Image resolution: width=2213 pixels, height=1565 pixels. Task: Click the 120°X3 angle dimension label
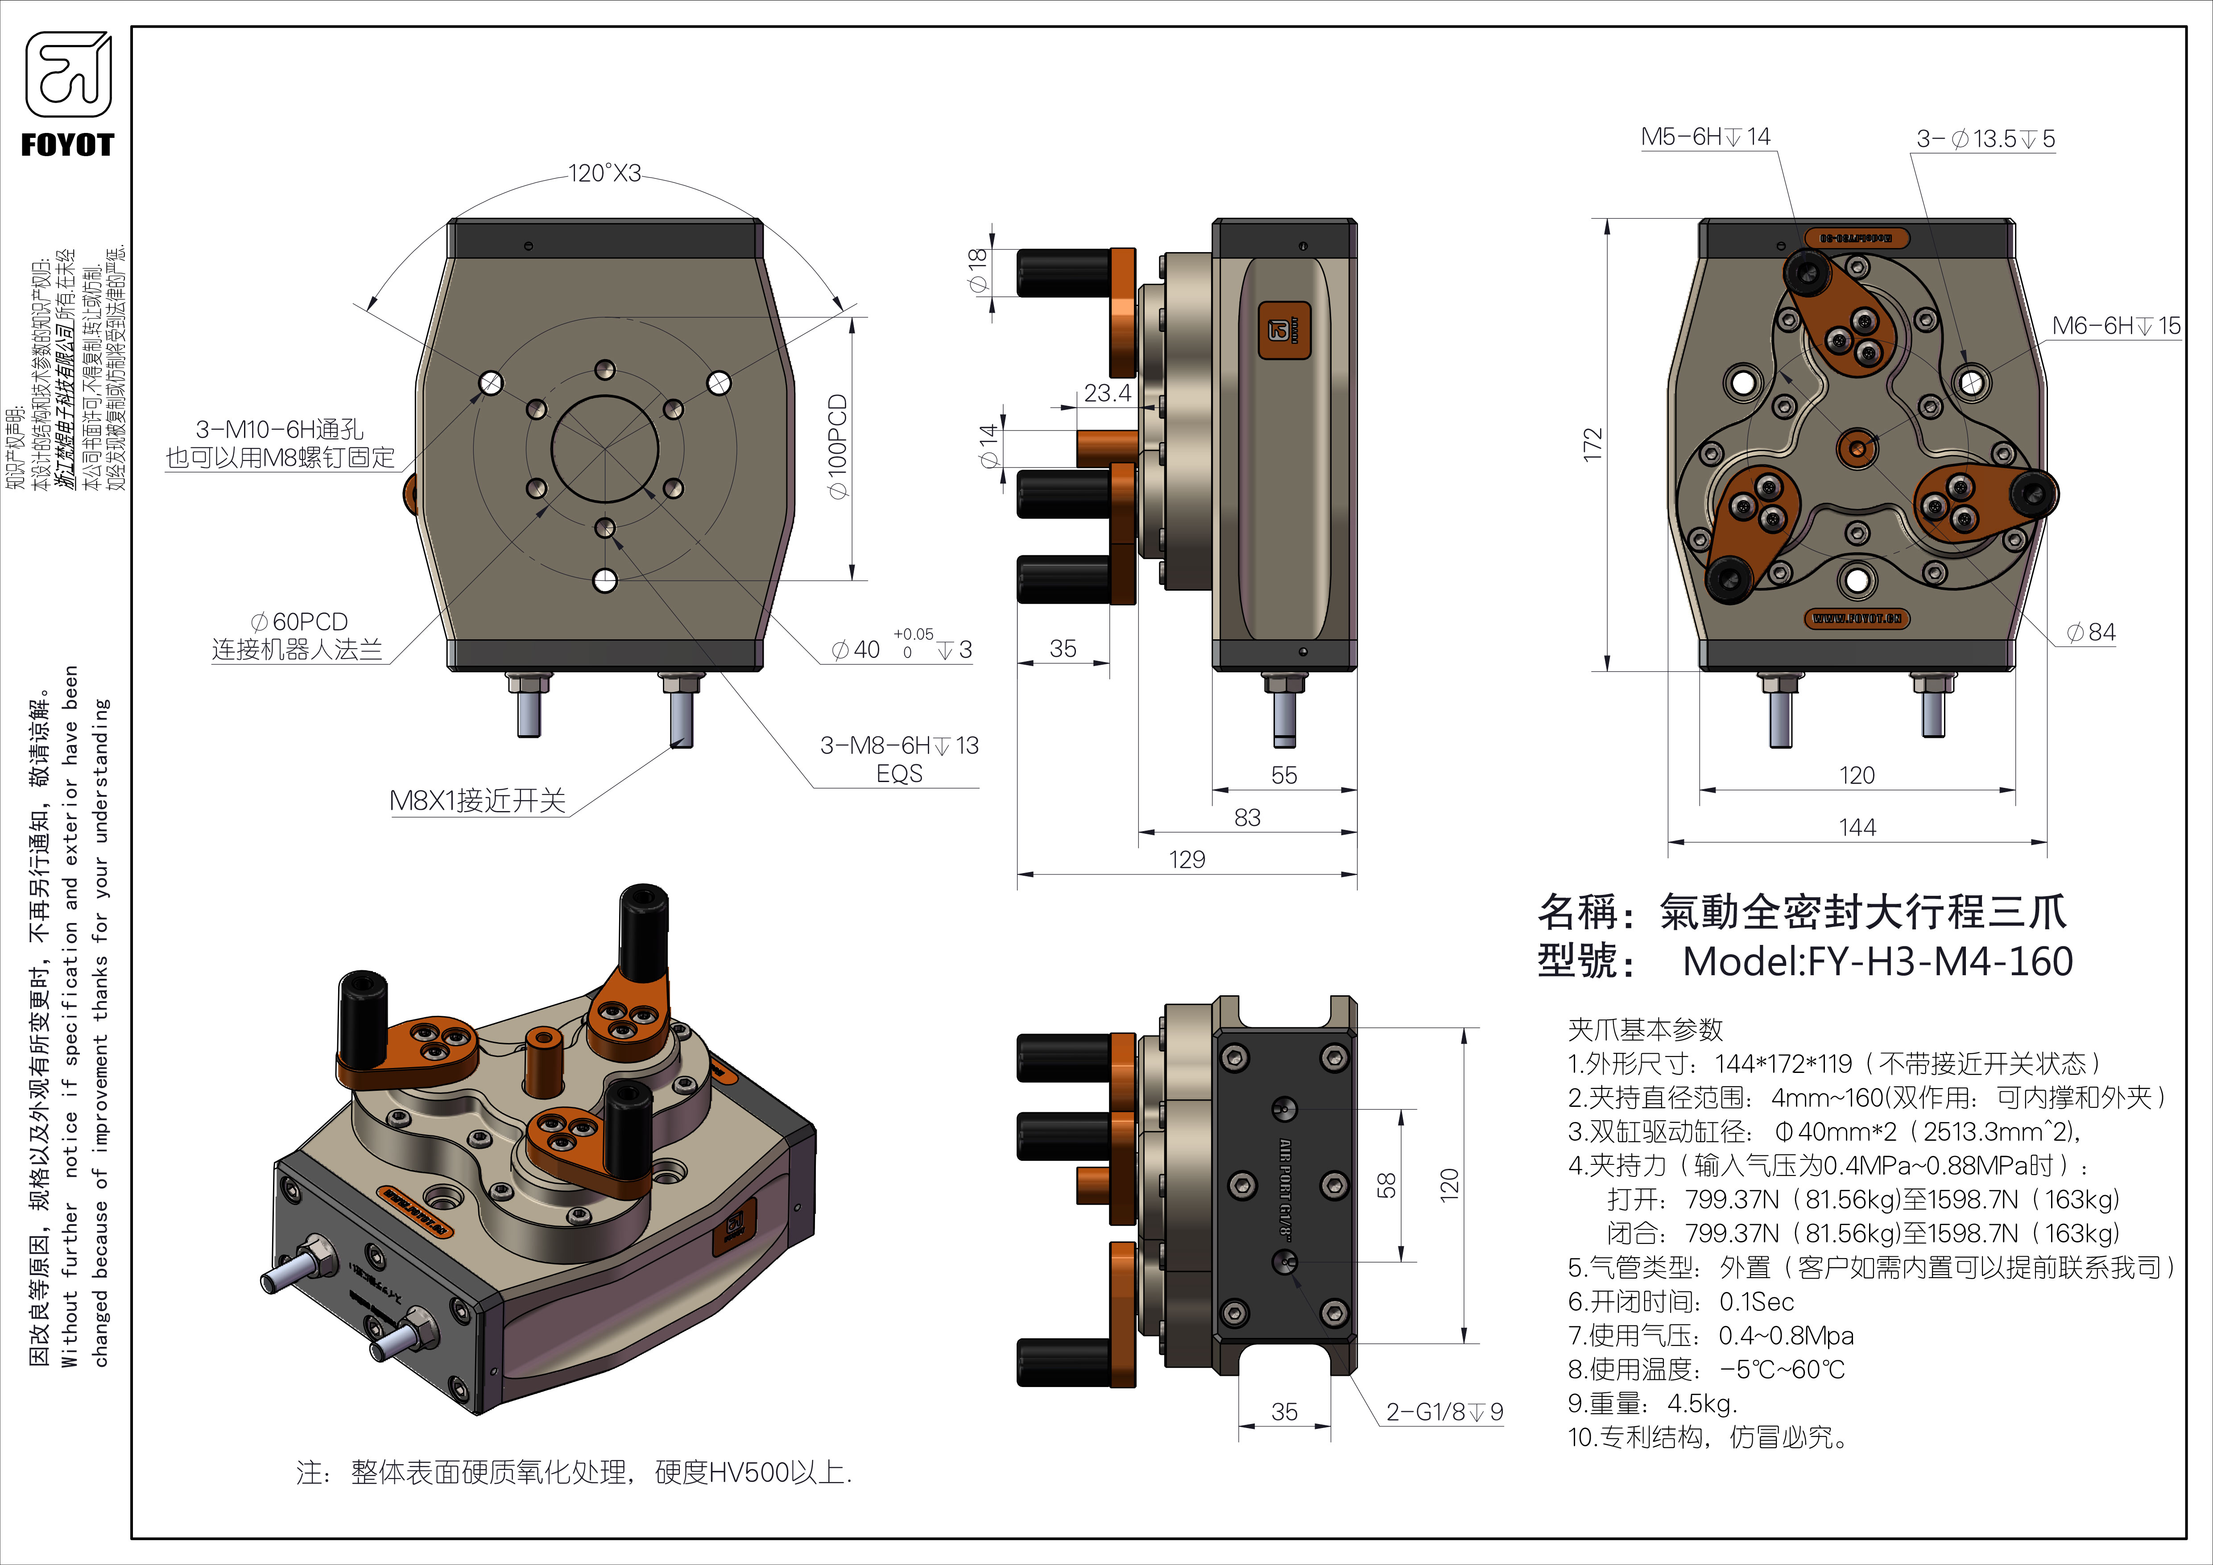(x=604, y=174)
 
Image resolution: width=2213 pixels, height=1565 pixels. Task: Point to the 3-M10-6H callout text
(x=280, y=430)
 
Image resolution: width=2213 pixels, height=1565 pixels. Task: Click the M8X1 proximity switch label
(x=477, y=801)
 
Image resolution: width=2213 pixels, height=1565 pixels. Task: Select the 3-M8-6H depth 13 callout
(x=898, y=746)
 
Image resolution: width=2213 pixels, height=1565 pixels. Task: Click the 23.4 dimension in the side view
(x=1108, y=393)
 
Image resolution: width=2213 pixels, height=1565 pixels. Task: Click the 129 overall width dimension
(x=1187, y=860)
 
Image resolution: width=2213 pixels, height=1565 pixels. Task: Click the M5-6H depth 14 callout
(x=1705, y=137)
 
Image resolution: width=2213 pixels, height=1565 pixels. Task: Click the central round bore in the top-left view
(x=604, y=449)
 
